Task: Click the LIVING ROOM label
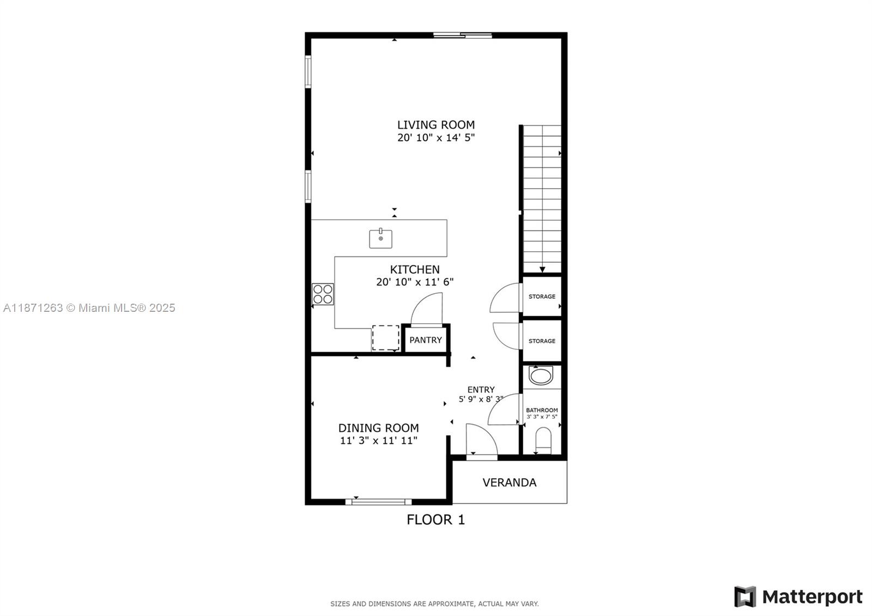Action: [x=435, y=125]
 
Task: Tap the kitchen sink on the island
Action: [x=380, y=239]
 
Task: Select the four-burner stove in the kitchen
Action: [x=323, y=294]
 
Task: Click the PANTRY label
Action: [x=426, y=340]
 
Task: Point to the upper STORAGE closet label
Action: [x=542, y=297]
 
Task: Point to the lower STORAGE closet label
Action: [x=542, y=341]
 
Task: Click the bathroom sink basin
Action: [x=541, y=376]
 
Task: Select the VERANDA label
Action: [x=509, y=482]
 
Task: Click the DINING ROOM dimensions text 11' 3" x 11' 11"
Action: [x=379, y=440]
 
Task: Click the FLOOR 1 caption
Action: [x=435, y=520]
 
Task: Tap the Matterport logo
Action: [x=798, y=597]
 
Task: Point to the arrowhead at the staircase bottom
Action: [x=542, y=269]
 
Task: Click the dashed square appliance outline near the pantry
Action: [x=385, y=338]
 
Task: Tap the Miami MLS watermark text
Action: [x=89, y=308]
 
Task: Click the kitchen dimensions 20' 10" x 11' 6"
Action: [x=415, y=282]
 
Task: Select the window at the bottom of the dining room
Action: [x=378, y=502]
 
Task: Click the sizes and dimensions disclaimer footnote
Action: [x=434, y=603]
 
